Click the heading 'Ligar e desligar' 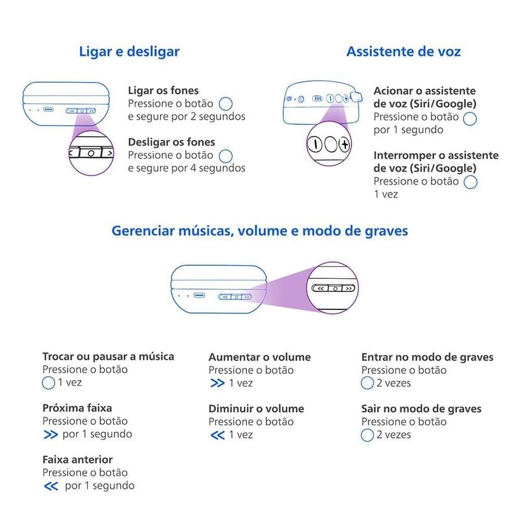129,52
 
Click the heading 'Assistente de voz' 404,52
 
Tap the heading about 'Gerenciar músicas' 259,231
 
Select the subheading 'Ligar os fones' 163,90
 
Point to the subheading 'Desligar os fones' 172,142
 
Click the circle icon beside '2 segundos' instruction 226,104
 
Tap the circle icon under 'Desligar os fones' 226,156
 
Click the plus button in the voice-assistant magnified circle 345,144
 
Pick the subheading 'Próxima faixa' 77,408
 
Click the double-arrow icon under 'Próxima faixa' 51,434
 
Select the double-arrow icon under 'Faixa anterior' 51,486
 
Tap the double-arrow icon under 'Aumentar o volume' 218,383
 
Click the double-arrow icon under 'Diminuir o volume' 218,435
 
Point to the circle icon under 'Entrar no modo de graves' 367,383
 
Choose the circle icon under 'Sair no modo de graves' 367,435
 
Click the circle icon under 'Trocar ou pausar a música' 48,383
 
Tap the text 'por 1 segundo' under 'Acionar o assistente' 408,129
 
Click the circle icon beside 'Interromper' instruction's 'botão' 471,182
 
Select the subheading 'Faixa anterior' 77,460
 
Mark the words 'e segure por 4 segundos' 187,168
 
